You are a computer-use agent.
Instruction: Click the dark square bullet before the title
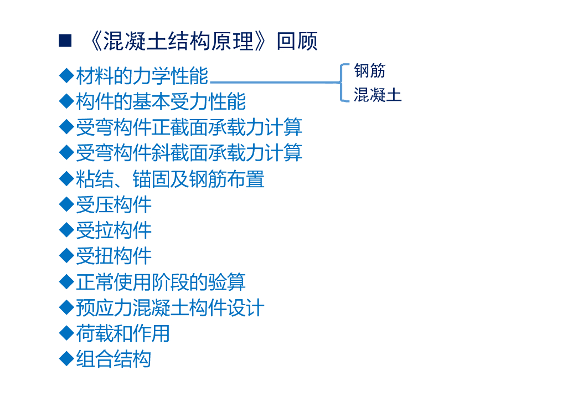tap(65, 40)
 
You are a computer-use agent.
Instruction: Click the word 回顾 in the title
tap(297, 42)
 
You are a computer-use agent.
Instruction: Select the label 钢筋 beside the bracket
tap(370, 71)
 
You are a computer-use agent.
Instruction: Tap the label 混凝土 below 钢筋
tap(378, 95)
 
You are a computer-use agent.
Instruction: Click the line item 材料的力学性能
tap(142, 76)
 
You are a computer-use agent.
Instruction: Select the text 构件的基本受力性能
tap(161, 101)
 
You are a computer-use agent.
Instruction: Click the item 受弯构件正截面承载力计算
tap(189, 127)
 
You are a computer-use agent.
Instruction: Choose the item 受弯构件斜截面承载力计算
tap(189, 152)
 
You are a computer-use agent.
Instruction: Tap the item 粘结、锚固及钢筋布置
tap(170, 179)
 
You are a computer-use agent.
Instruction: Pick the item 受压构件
tap(114, 204)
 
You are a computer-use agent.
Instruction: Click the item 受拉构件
tap(114, 230)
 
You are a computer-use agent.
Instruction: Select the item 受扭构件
tap(114, 255)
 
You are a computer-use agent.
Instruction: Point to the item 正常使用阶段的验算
tap(161, 282)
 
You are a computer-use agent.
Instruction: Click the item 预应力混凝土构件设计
tap(170, 307)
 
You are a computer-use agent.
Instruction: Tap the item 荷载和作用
tap(123, 333)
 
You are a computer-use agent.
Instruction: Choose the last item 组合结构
tap(114, 359)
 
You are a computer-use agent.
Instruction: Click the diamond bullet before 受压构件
tap(66, 204)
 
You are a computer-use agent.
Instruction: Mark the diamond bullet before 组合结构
tap(66, 359)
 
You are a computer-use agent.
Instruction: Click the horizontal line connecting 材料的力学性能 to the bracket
tap(274, 83)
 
